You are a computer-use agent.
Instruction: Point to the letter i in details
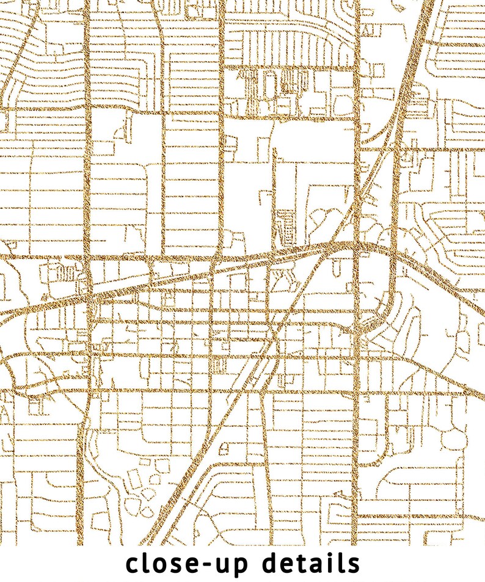pos(332,562)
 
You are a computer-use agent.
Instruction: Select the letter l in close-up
pos(146,562)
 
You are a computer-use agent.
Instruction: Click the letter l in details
pos(342,562)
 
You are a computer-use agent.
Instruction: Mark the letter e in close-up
pos(190,565)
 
